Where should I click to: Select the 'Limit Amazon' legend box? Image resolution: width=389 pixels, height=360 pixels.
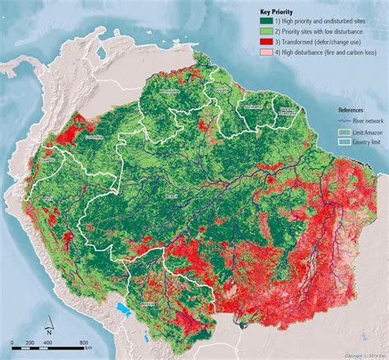[x=346, y=130]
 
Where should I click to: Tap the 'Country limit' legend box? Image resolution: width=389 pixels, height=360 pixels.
[x=346, y=140]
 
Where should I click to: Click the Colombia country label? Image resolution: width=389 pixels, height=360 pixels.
[x=94, y=137]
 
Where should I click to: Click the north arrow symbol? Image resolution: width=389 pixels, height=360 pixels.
[x=47, y=326]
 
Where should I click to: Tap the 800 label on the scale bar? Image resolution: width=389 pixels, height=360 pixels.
[x=84, y=342]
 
